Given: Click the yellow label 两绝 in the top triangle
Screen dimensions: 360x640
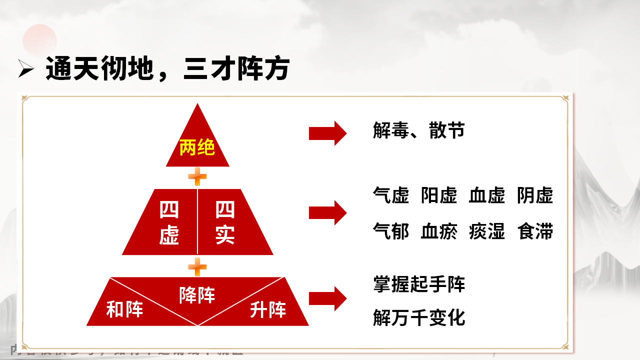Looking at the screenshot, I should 197,148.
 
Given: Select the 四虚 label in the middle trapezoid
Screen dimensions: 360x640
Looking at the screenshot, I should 169,223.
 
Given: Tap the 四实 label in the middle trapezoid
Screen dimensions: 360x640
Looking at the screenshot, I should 225,223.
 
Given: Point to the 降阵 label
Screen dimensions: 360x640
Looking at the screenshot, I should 197,295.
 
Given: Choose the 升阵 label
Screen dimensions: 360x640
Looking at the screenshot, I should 268,310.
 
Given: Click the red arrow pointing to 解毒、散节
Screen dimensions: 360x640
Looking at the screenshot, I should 327,133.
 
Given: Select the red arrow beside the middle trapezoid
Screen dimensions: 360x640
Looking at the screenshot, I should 327,212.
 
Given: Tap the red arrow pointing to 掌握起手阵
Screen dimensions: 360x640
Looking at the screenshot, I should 327,298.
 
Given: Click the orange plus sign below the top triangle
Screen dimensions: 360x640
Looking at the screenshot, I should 197,176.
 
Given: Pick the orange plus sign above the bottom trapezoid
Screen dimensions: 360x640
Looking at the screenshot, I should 197,266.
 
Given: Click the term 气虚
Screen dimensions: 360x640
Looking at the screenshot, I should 391,195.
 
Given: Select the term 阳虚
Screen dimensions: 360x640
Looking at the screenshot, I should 439,195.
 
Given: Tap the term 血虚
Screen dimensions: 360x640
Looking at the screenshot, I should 487,195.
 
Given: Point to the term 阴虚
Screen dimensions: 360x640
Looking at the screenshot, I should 535,195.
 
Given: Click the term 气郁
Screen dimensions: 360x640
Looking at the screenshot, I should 391,231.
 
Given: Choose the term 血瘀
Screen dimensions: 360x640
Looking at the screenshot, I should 439,231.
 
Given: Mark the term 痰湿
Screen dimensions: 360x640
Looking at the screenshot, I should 487,231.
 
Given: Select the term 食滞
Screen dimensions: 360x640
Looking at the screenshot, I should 535,231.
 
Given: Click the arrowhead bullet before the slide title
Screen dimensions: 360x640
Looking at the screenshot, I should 25,70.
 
